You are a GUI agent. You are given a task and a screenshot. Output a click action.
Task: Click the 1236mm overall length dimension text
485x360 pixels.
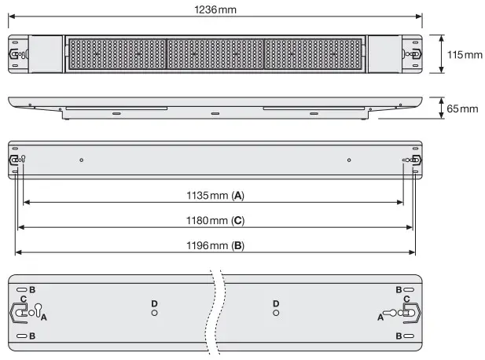point(215,9)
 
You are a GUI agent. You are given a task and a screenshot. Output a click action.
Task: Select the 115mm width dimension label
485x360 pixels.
point(461,54)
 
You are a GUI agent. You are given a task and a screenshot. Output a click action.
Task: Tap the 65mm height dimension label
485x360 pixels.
point(461,108)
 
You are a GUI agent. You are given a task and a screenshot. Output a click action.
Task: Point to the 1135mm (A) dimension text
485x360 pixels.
point(215,193)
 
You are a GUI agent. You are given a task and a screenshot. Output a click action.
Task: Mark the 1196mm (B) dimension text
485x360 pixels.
point(215,245)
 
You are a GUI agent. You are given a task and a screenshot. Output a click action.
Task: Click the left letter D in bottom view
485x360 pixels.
point(154,303)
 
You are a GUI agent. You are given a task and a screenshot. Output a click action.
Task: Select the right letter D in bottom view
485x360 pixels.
point(275,303)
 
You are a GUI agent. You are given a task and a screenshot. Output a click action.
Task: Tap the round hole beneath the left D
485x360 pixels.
point(154,314)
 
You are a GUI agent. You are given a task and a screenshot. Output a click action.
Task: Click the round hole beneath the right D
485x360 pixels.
point(275,314)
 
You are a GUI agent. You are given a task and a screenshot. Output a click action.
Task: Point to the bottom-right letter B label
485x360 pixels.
point(399,336)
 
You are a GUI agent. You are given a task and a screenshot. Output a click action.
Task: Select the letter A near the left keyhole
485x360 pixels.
point(44,317)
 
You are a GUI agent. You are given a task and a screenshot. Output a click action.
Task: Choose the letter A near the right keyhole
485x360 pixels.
point(380,317)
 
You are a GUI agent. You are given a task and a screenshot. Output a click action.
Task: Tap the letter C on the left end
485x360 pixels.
point(24,299)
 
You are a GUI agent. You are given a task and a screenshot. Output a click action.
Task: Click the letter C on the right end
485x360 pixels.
point(406,299)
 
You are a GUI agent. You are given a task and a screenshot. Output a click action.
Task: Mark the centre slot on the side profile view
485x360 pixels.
point(215,114)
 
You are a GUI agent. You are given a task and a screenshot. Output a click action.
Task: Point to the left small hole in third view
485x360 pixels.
point(82,160)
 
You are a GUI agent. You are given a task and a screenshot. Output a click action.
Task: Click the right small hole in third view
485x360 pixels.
point(348,160)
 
